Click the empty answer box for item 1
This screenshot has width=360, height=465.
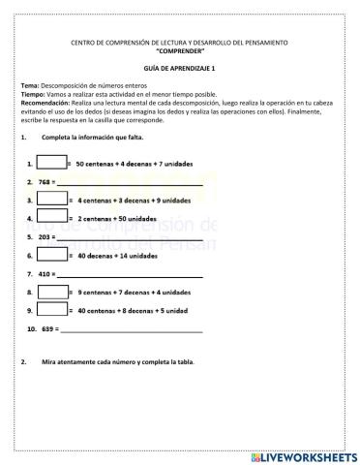[52, 163]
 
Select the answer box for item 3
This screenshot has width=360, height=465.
[52, 200]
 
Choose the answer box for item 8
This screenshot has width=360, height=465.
[52, 292]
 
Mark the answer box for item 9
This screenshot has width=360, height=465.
[52, 310]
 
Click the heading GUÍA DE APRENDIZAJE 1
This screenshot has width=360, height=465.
[180, 70]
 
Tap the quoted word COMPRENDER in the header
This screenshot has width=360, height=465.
[180, 49]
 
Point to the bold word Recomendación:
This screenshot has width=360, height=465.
[46, 102]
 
